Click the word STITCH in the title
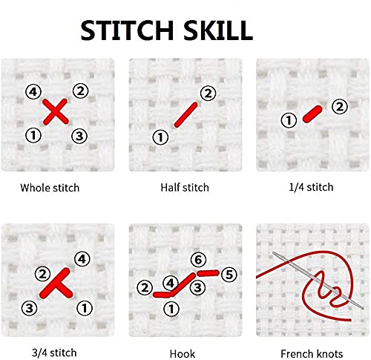pos(127,30)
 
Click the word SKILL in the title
pos(218,30)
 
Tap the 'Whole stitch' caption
pos(50,188)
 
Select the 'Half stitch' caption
pos(185,187)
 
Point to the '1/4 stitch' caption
pos(311,187)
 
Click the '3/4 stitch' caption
pos(54,353)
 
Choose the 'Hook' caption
pos(183,353)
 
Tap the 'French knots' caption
pos(312,353)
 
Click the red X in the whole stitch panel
pos(56,111)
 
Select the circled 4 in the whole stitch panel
pos(33,92)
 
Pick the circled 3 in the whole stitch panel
pos(79,136)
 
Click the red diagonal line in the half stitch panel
pos(186,115)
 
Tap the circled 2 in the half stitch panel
pos(208,94)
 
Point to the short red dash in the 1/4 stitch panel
pos(312,114)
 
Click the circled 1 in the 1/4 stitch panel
pos(289,120)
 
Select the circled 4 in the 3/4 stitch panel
pos(82,259)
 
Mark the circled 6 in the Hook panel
pos(198,260)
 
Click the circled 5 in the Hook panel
pos(229,275)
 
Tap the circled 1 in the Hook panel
pos(171,309)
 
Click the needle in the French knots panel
pos(318,281)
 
